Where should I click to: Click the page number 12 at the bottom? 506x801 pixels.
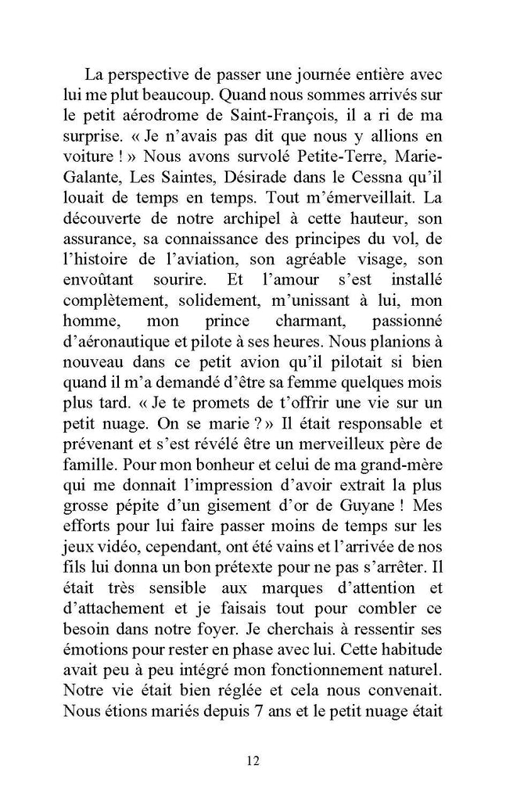click(x=252, y=760)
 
